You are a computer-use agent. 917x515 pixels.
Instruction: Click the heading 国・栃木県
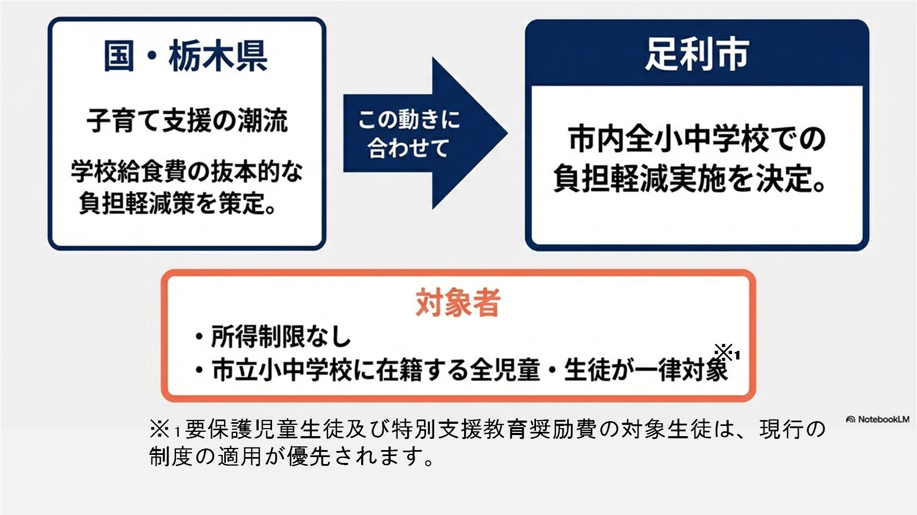(x=186, y=56)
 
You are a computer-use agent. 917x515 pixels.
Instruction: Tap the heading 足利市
(x=696, y=54)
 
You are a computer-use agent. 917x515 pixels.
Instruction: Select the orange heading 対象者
(x=458, y=303)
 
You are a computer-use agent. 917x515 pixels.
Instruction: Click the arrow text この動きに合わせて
(x=408, y=133)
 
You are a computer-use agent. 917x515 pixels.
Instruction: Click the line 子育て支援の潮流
(x=187, y=120)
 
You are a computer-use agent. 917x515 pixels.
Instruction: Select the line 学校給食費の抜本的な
(x=187, y=172)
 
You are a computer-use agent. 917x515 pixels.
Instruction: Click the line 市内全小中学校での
(x=696, y=139)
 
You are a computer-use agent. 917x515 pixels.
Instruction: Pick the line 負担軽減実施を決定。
(x=691, y=179)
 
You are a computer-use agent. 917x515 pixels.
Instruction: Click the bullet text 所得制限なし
(x=281, y=337)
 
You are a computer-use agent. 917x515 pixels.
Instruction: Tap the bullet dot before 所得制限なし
(x=199, y=337)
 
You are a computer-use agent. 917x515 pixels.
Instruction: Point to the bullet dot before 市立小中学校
(x=199, y=370)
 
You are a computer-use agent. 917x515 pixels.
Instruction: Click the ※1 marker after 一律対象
(x=727, y=353)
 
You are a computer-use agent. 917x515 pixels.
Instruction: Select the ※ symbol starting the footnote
(x=159, y=429)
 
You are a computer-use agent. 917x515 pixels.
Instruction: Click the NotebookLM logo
(x=878, y=420)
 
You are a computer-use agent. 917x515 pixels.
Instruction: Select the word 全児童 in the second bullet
(x=505, y=370)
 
